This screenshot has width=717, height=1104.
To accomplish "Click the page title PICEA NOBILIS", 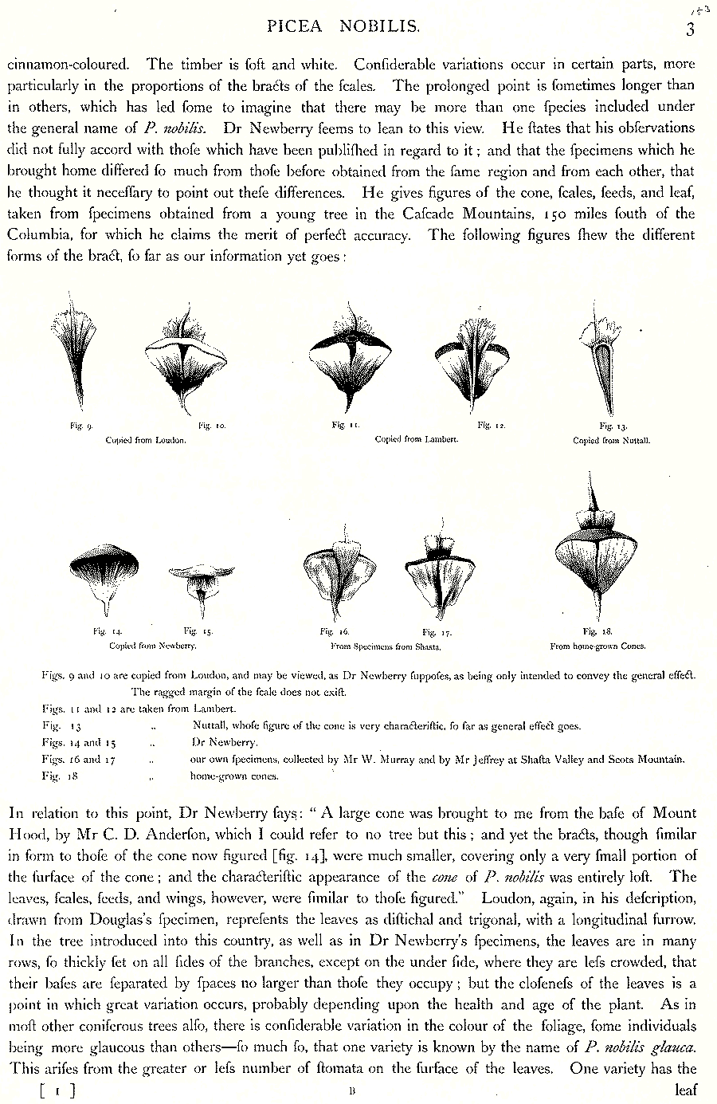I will (x=343, y=26).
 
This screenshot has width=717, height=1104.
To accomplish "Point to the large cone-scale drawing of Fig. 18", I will (x=595, y=550).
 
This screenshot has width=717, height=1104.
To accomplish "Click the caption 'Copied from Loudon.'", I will (x=147, y=439).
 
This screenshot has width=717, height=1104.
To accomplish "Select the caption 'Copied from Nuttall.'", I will (x=612, y=440).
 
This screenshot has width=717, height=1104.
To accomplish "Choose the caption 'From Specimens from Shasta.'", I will (x=386, y=646).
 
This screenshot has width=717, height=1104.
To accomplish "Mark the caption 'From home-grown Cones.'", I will (x=597, y=646).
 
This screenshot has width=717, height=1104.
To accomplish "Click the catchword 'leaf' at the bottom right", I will (x=685, y=1090).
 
